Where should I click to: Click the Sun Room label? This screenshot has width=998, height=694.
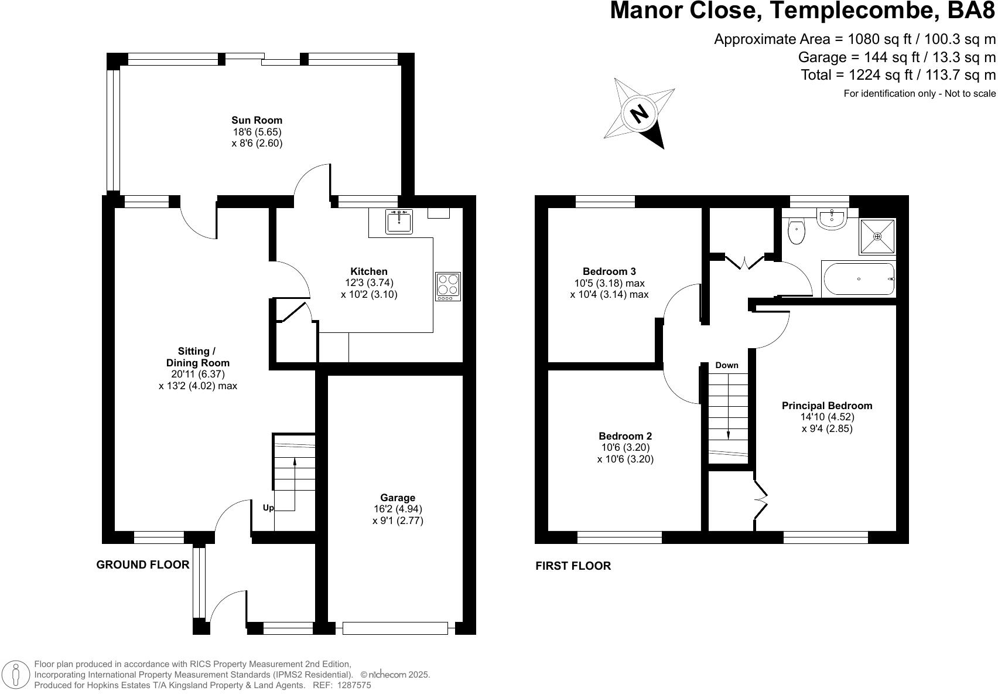257,120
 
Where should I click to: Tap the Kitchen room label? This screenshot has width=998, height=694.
368,271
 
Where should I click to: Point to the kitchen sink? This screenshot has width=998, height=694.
399,222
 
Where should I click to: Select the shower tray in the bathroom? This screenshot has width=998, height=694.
877,236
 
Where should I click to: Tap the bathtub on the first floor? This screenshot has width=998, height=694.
859,280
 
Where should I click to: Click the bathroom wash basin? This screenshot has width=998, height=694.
832,219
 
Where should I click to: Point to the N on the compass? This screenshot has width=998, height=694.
641,113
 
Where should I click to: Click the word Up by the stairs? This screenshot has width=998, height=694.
268,508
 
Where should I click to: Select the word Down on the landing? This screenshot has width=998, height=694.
727,365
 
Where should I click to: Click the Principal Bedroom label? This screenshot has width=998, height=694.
827,406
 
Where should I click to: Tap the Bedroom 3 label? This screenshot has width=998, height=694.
609,271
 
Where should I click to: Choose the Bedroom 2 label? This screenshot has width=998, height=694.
625,436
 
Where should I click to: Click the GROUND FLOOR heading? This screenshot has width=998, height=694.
143,564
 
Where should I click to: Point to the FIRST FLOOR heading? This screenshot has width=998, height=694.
573,566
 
